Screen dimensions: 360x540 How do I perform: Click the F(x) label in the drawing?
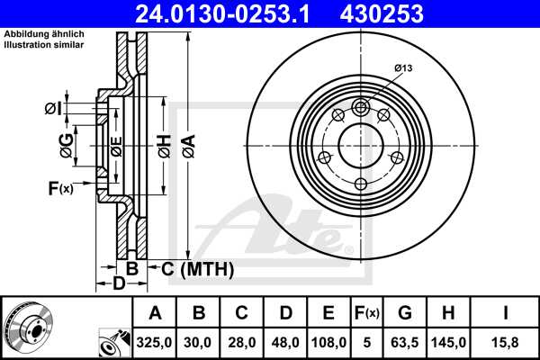pyautogui.click(x=60, y=187)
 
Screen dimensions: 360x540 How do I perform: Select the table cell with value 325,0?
pyautogui.click(x=155, y=342)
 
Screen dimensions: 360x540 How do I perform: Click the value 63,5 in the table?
pyautogui.click(x=405, y=342)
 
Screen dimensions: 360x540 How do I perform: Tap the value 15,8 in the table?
pyautogui.click(x=506, y=342)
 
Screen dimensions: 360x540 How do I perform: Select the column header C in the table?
pyautogui.click(x=241, y=313)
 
